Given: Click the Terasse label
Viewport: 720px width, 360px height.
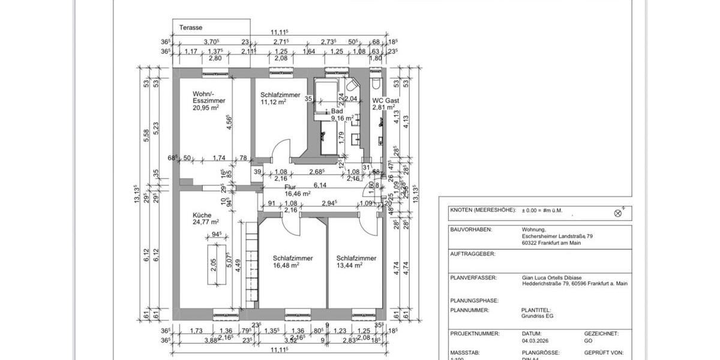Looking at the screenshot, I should coord(190,28).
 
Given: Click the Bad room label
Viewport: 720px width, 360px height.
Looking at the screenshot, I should coord(337,111).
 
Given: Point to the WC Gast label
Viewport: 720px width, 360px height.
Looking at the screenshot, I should coord(385,101).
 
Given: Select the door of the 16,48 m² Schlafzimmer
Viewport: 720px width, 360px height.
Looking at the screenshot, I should coord(290,226).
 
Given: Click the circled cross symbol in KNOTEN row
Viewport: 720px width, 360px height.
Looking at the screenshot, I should coord(619,212).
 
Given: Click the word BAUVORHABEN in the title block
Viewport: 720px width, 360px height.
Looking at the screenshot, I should coord(471,229).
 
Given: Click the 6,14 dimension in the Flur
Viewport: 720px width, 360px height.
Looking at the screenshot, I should coord(320,185).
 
